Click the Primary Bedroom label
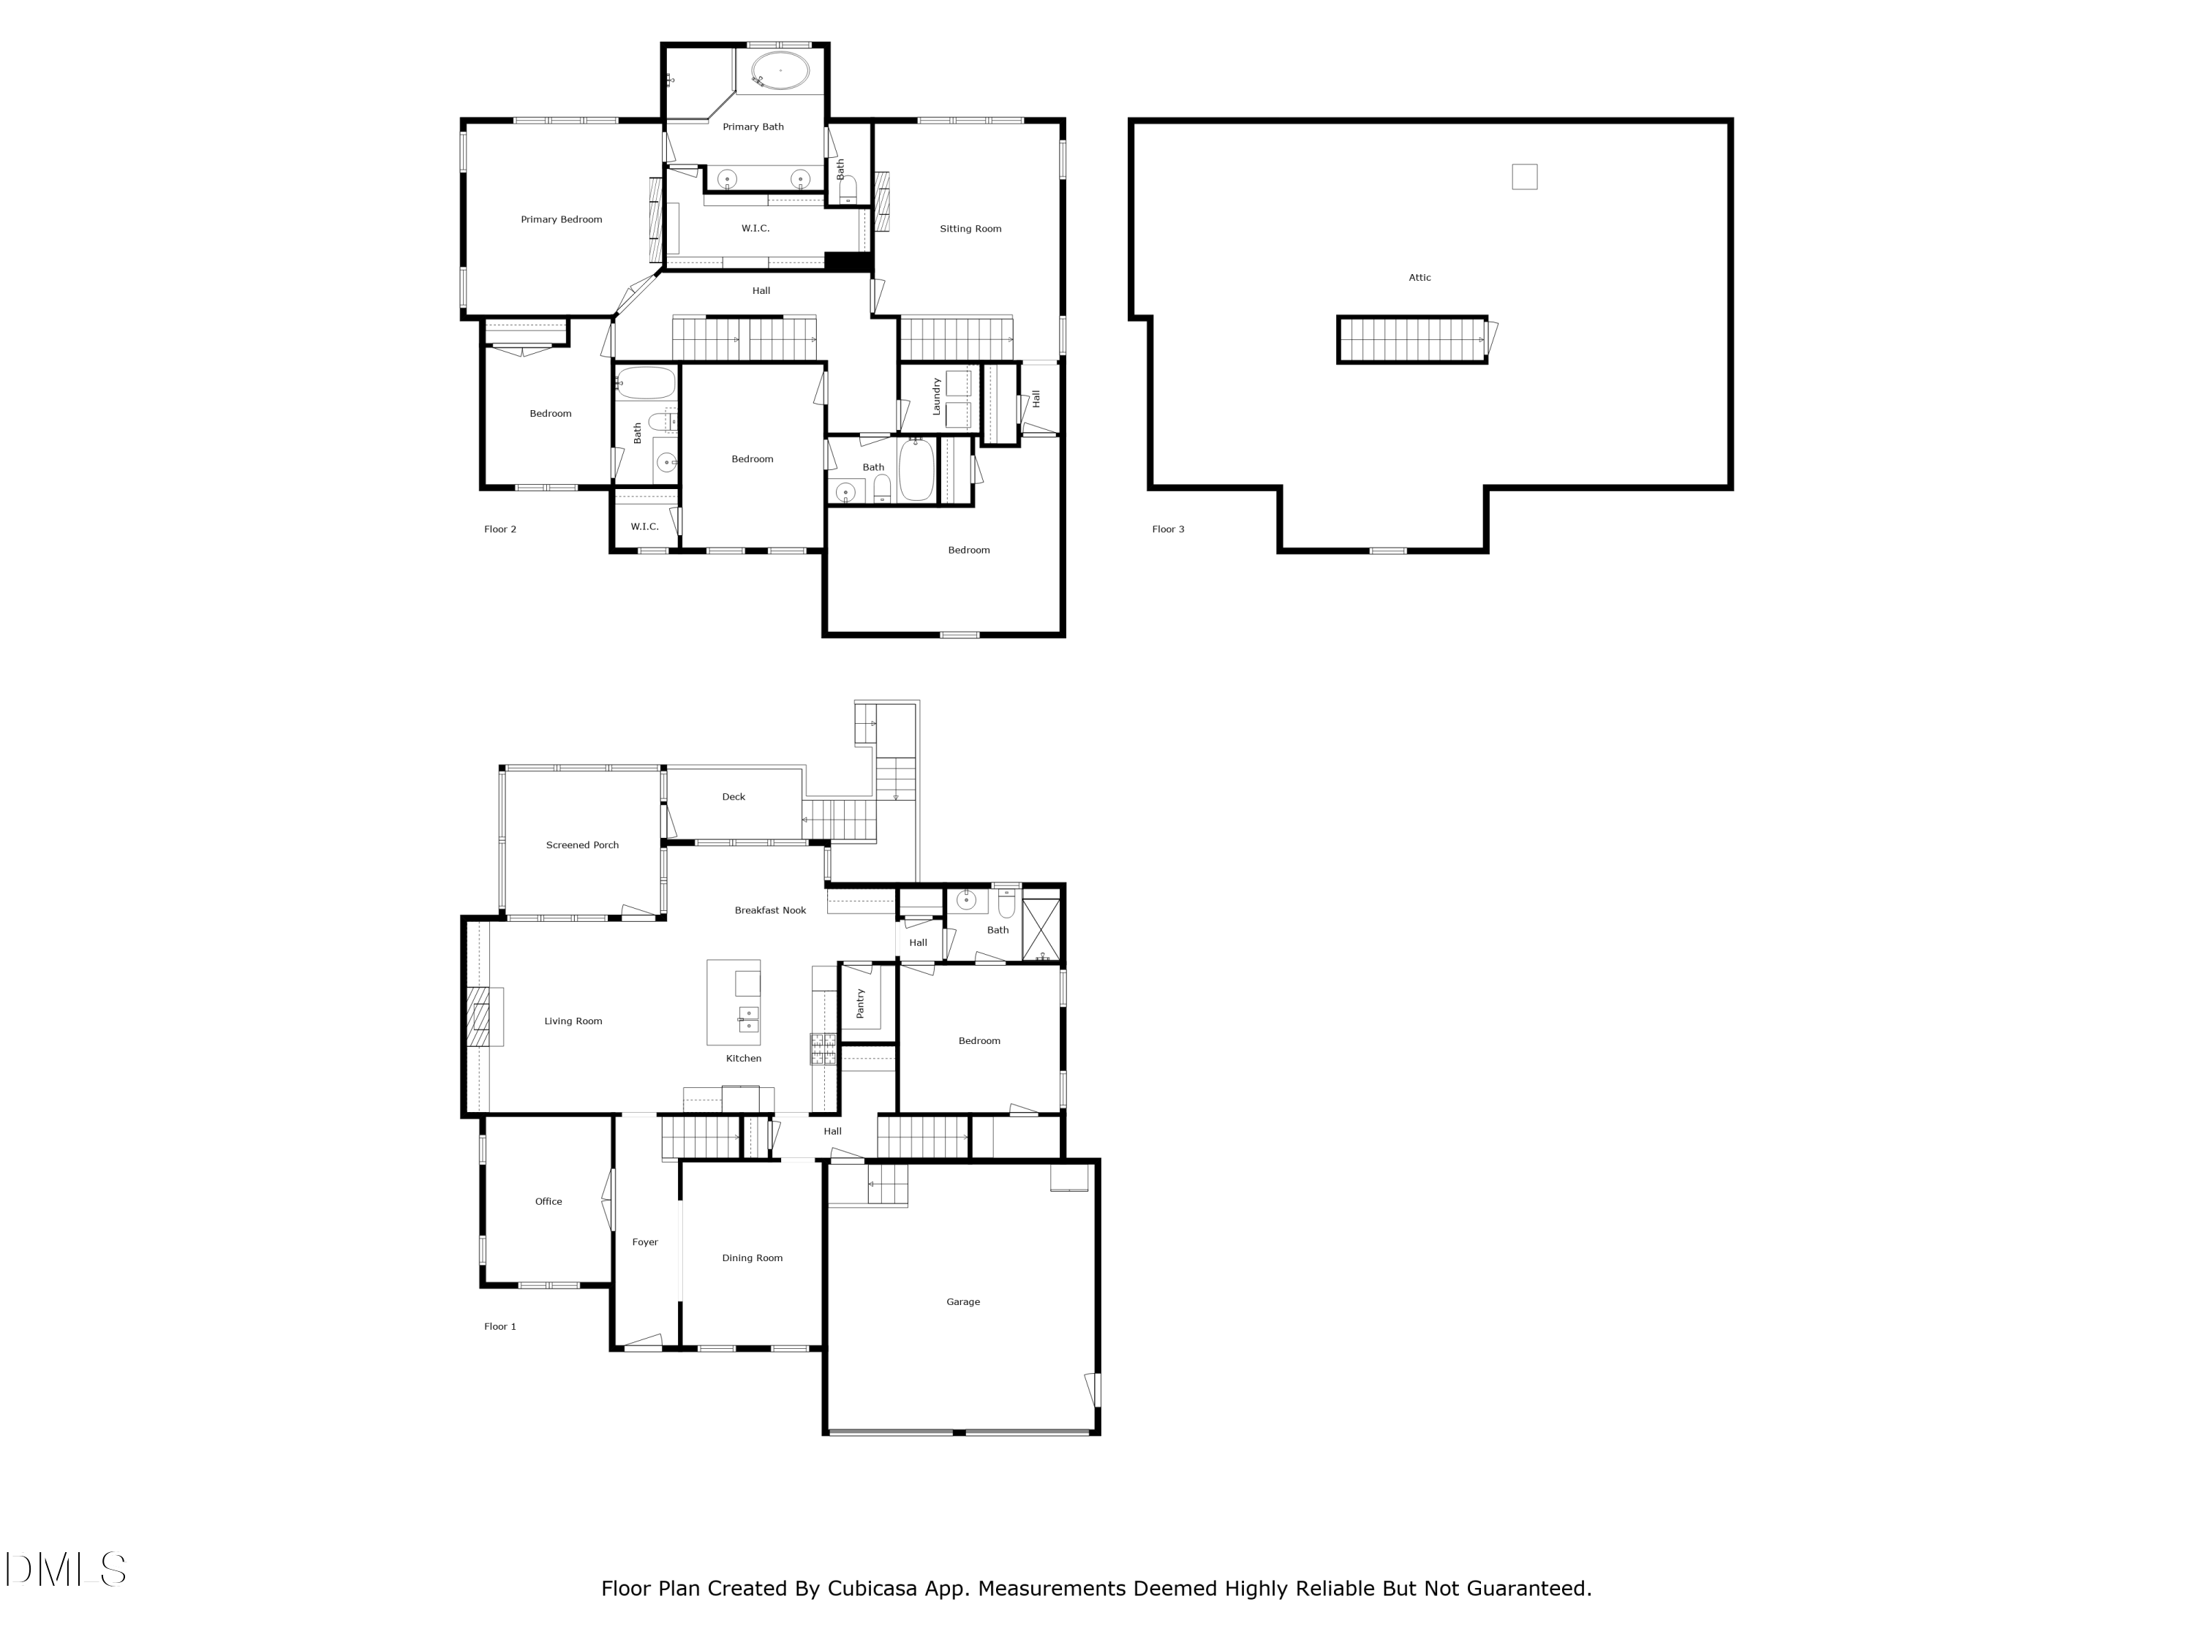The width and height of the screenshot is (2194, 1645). (562, 220)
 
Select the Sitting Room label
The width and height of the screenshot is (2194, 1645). (970, 229)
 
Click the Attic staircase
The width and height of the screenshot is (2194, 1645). (1411, 340)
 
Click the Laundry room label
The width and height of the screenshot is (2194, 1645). (936, 396)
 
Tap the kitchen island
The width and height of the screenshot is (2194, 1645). (733, 1002)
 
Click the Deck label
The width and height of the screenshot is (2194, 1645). (733, 797)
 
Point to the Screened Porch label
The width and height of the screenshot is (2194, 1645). (582, 846)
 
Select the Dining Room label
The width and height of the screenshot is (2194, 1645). (752, 1258)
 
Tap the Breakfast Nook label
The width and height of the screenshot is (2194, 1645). (769, 910)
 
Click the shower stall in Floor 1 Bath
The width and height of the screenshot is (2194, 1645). (1041, 929)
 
